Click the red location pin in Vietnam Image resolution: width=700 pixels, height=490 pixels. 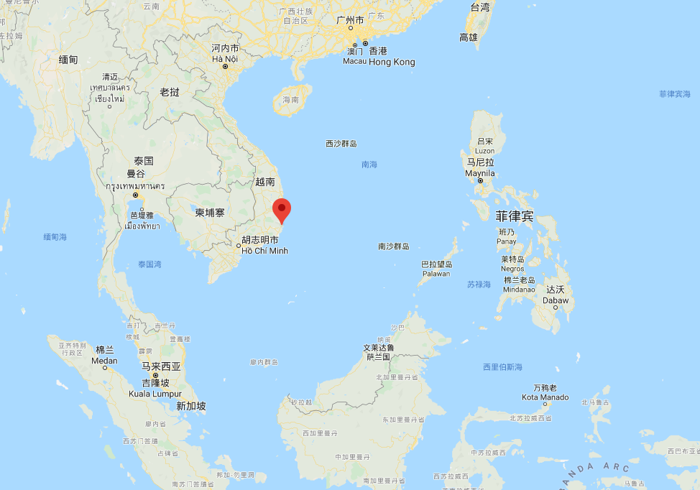point(282,210)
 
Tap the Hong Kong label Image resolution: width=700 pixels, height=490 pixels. point(392,62)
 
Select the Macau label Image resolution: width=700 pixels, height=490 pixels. point(354,62)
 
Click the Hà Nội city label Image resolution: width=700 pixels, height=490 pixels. point(225,58)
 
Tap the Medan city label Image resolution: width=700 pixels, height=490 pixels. point(104,360)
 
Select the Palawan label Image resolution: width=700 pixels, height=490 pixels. point(436,274)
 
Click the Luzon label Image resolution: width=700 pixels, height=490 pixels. point(484,151)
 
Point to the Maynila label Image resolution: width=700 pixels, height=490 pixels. point(480,173)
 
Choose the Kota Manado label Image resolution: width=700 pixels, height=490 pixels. point(545,397)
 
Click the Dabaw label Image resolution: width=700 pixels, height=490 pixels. point(556,300)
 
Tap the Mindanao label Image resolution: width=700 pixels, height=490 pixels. point(519,290)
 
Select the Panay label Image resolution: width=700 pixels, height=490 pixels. point(506,241)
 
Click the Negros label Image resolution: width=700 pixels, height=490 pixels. point(512,269)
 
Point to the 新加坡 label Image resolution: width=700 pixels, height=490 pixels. point(191,406)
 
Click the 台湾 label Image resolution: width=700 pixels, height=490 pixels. point(480,7)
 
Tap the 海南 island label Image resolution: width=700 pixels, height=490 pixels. point(290,100)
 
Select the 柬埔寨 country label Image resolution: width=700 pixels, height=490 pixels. point(210,213)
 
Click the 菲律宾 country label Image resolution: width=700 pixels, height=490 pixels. point(514,216)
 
